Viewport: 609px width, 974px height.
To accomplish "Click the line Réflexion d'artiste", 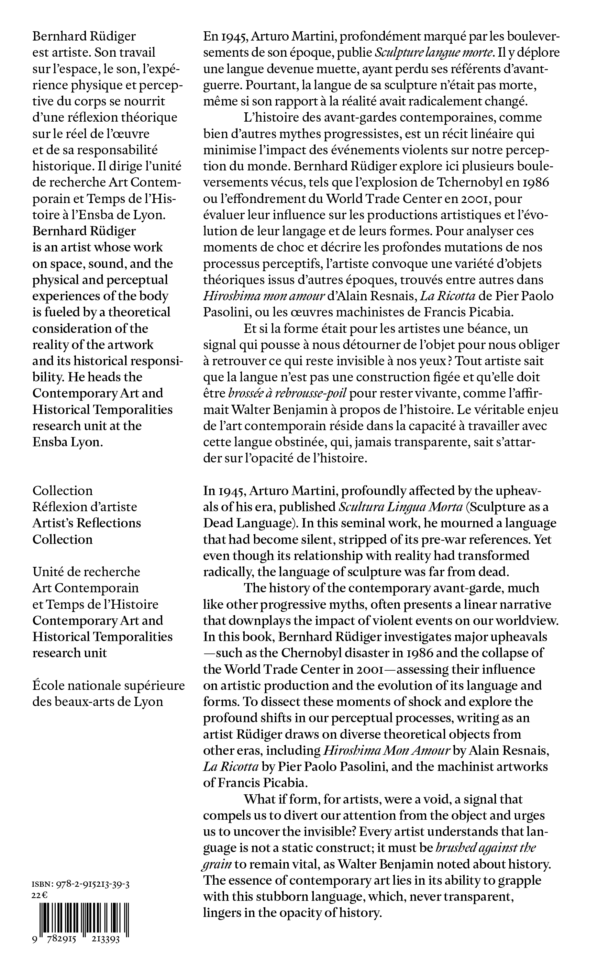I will [85, 506].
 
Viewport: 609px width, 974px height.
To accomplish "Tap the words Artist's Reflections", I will [87, 523].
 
